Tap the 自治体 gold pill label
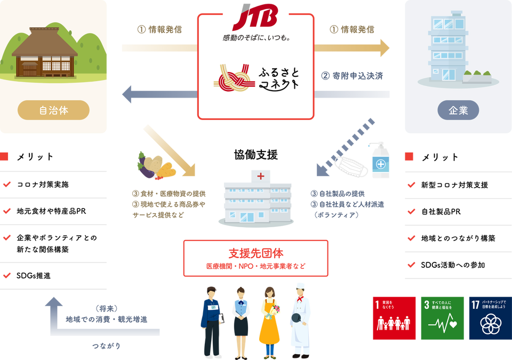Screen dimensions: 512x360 point(53,110)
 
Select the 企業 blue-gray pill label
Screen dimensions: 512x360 point(458,110)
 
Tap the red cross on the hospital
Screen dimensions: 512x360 point(261,177)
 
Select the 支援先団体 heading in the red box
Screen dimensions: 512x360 point(255,253)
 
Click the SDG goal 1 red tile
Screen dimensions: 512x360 point(394,318)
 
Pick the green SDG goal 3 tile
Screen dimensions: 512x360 point(443,318)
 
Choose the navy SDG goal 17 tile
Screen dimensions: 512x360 point(491,318)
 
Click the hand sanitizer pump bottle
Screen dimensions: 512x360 point(380,160)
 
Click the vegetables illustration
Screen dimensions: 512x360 point(155,166)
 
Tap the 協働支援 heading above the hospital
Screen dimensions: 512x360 point(255,155)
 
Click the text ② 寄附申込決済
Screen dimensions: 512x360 point(352,76)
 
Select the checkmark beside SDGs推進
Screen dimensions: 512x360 point(7,275)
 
